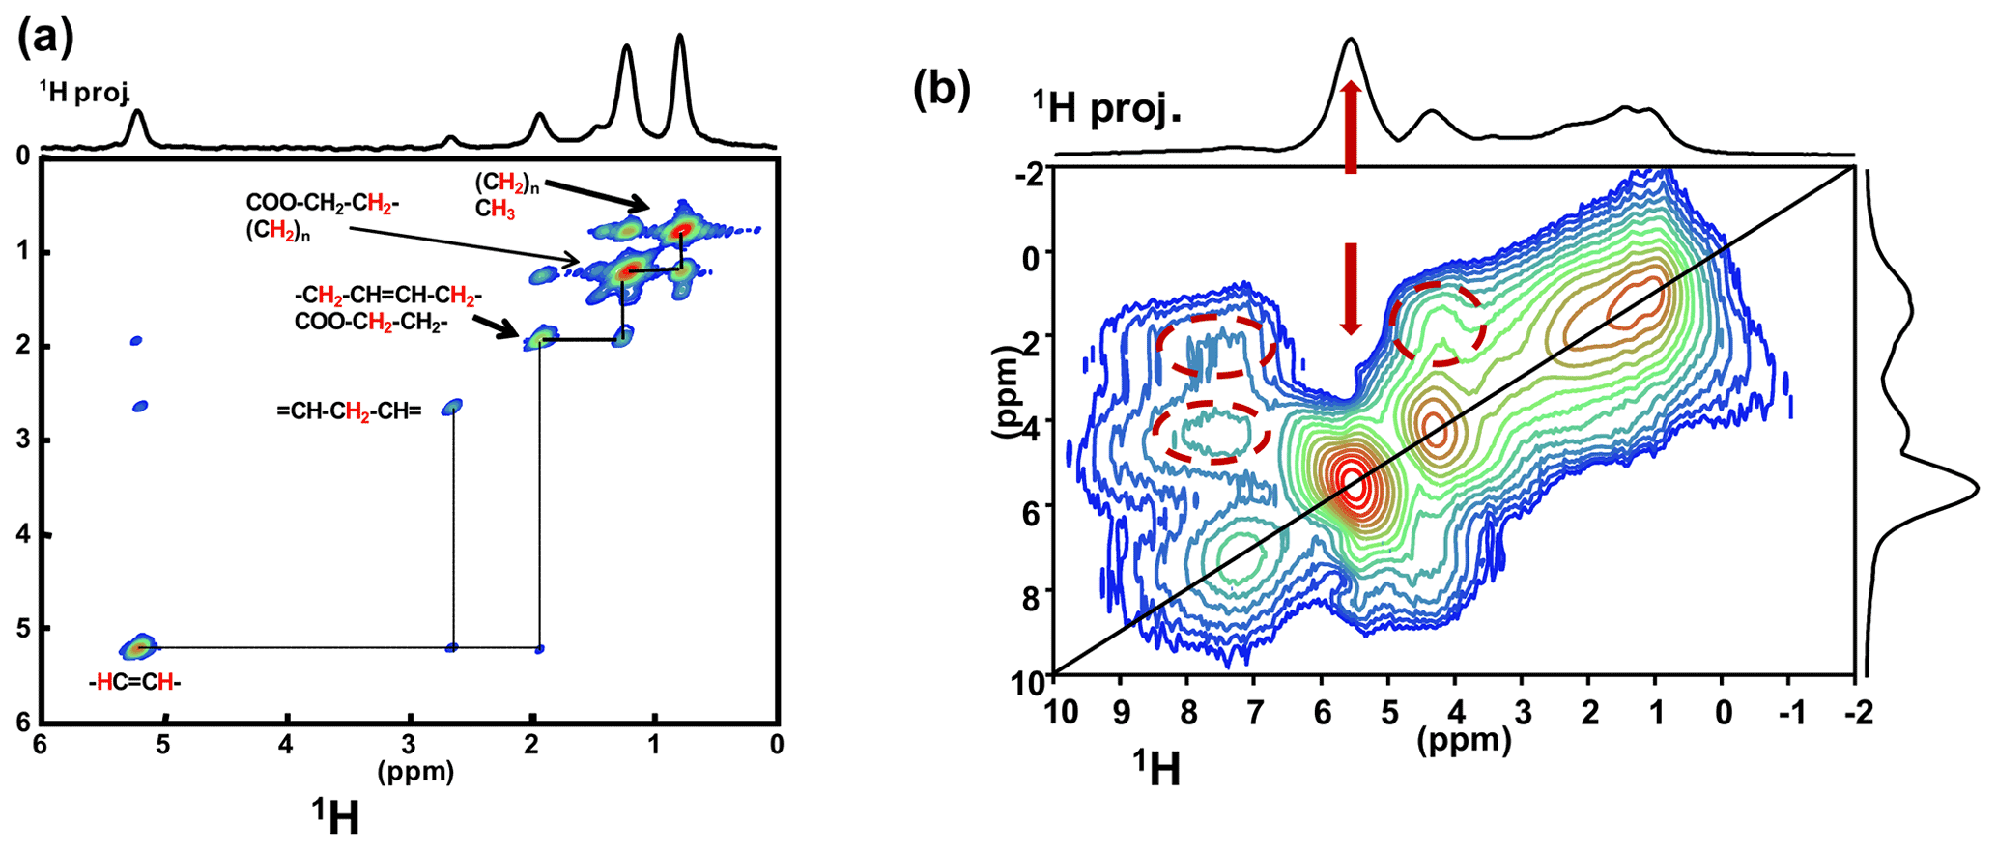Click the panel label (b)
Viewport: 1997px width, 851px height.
(942, 89)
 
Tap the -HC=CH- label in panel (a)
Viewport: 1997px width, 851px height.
(134, 683)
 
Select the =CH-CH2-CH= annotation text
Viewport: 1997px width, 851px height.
(349, 411)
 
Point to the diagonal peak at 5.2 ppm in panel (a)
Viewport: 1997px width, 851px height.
(139, 646)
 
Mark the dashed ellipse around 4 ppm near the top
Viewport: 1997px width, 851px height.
(1438, 324)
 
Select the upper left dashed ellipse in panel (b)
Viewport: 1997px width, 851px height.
(1217, 345)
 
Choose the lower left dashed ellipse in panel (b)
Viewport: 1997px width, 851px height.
(1212, 432)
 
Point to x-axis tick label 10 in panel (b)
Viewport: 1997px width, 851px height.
(1060, 715)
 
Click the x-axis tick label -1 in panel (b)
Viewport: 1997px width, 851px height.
(1790, 715)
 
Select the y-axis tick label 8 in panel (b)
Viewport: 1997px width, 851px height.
(1028, 591)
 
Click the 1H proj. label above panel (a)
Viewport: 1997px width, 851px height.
(84, 91)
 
